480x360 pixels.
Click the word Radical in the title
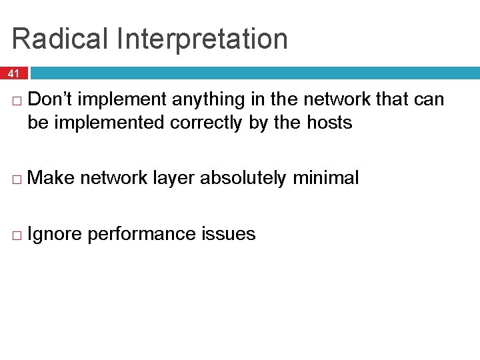[61, 39]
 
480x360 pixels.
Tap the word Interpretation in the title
[202, 40]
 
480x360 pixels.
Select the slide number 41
[14, 73]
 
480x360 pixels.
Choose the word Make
[54, 178]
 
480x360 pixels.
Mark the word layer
[175, 178]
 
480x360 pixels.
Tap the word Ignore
[55, 234]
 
